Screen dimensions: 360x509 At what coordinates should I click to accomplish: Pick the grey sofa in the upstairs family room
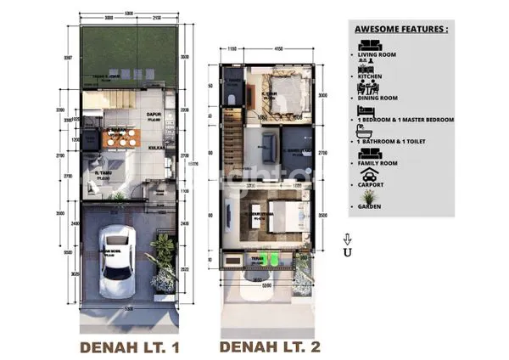[269, 144]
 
